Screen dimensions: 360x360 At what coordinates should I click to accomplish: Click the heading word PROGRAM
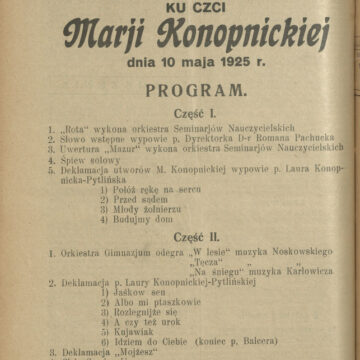[x=180, y=91]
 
